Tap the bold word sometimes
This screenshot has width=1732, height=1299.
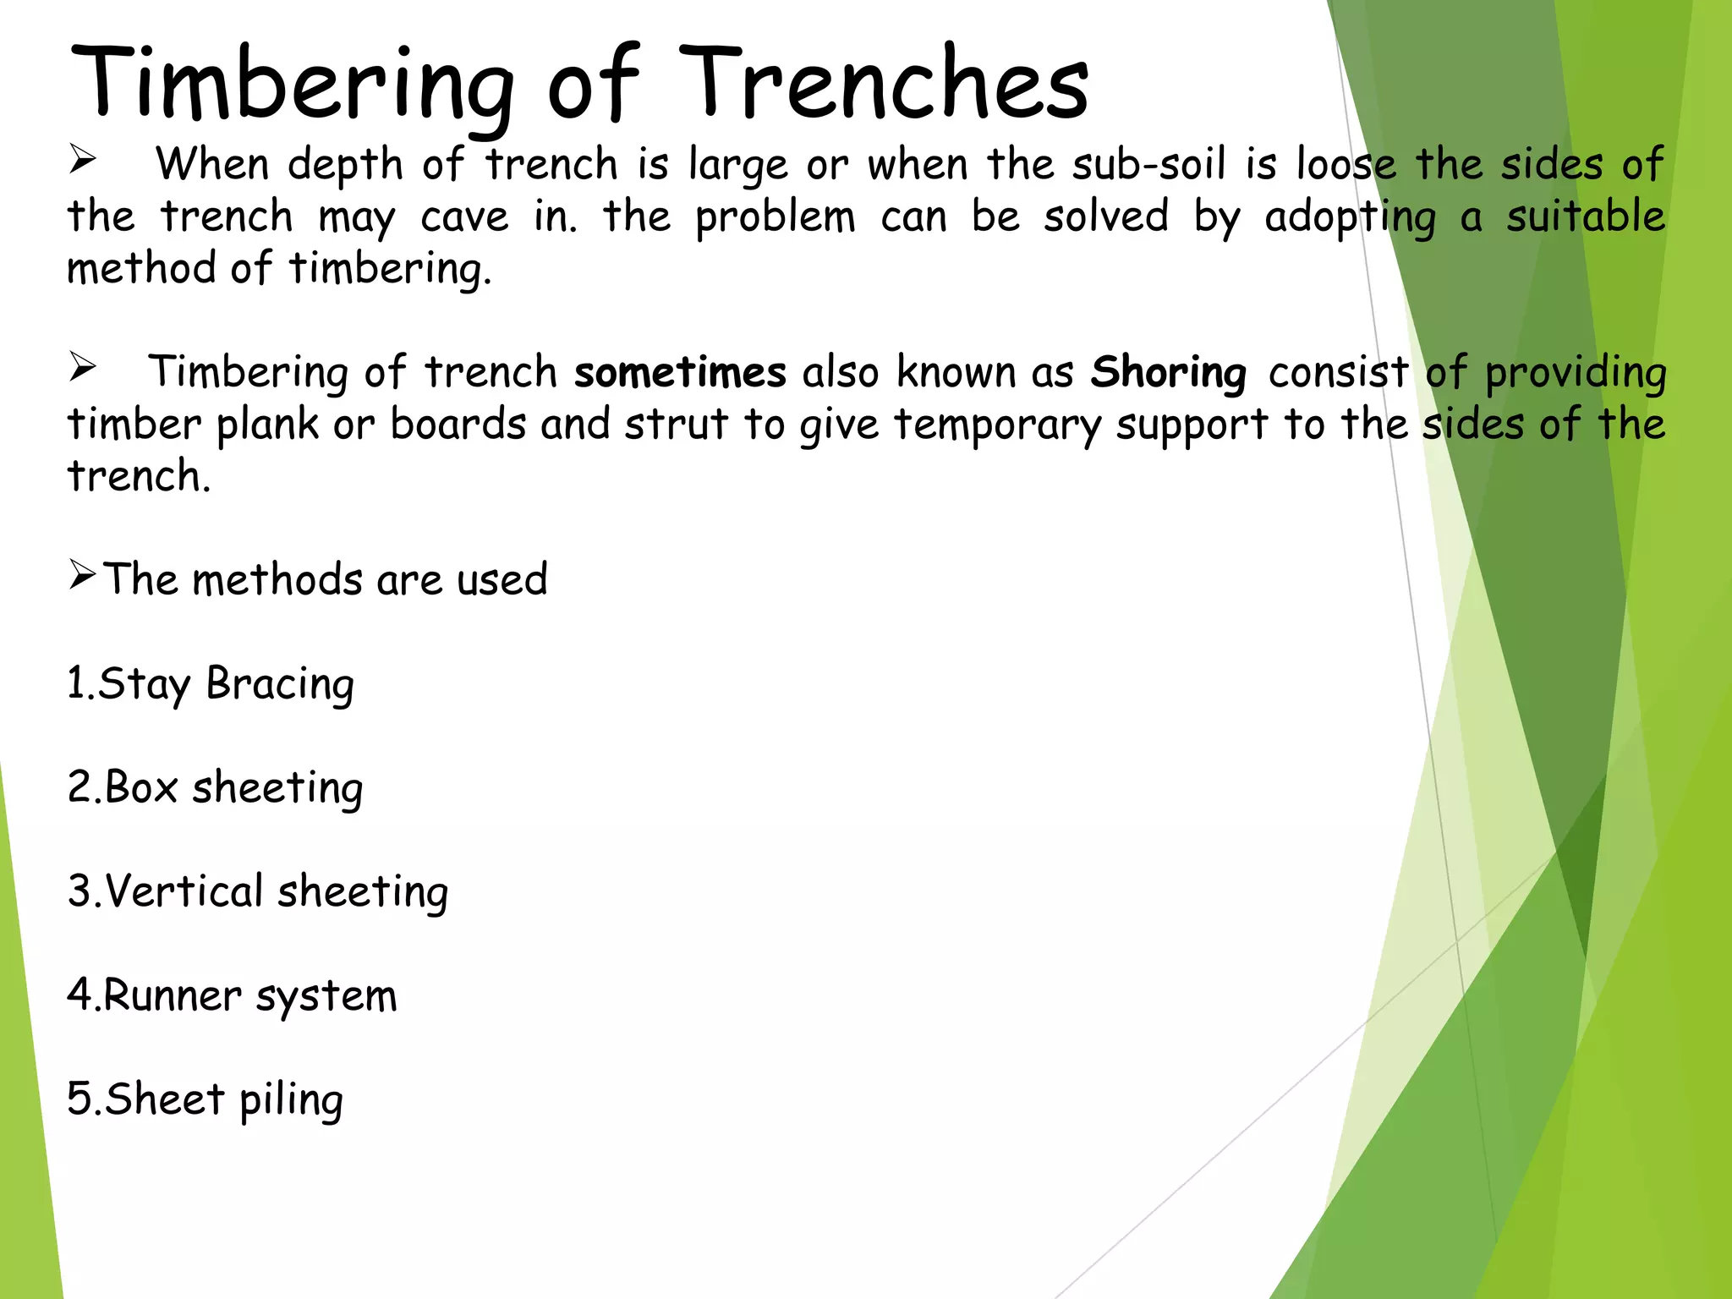click(680, 372)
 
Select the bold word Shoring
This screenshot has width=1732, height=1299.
click(1168, 373)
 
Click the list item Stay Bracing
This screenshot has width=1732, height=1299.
click(211, 683)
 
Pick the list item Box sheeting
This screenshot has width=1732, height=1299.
click(215, 787)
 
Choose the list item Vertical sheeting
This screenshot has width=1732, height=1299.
click(257, 891)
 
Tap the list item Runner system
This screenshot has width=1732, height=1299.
click(232, 995)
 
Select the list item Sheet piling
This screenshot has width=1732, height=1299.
click(205, 1099)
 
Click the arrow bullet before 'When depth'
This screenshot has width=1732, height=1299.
click(83, 159)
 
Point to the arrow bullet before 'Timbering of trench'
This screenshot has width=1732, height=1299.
click(83, 367)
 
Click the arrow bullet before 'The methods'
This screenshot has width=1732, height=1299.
click(83, 575)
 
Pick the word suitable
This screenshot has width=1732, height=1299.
click(1586, 216)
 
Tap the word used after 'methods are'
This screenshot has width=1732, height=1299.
click(502, 580)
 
